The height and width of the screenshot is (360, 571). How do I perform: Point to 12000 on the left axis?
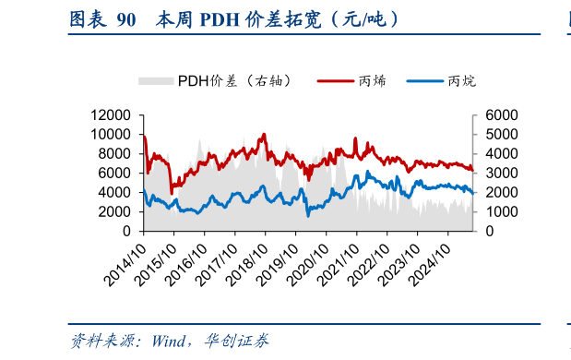tap(115, 115)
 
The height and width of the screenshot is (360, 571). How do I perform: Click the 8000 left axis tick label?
tap(119, 154)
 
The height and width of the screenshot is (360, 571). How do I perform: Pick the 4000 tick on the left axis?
tap(119, 193)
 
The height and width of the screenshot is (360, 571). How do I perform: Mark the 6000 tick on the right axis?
tap(489, 115)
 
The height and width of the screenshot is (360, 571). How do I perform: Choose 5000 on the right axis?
tap(489, 135)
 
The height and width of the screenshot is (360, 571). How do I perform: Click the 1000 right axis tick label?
tap(489, 212)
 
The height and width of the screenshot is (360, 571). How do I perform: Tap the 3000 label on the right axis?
tap(489, 174)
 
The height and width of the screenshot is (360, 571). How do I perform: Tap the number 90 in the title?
tap(126, 18)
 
